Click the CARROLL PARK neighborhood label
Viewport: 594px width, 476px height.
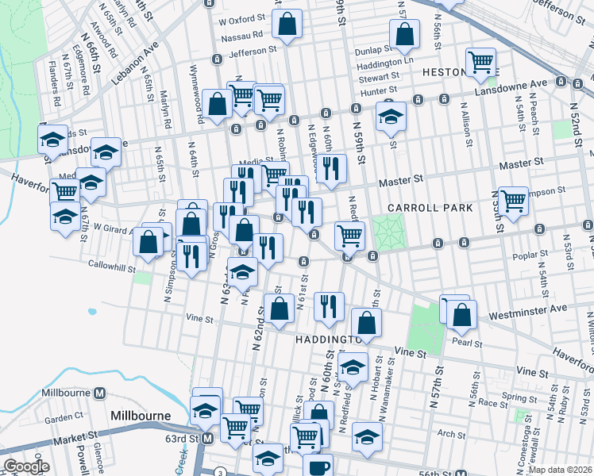tap(430, 208)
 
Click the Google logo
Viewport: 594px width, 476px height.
tap(25, 466)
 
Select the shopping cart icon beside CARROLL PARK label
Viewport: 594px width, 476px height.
tap(513, 199)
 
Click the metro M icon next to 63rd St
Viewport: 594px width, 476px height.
tap(207, 438)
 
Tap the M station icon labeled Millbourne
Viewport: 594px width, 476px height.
tap(100, 393)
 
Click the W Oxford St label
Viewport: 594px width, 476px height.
tap(241, 19)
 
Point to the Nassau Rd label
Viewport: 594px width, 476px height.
tap(242, 35)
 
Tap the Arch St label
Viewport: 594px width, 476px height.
tap(451, 434)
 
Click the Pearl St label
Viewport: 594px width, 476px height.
tap(468, 344)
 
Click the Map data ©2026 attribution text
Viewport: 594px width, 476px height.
tap(560, 469)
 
